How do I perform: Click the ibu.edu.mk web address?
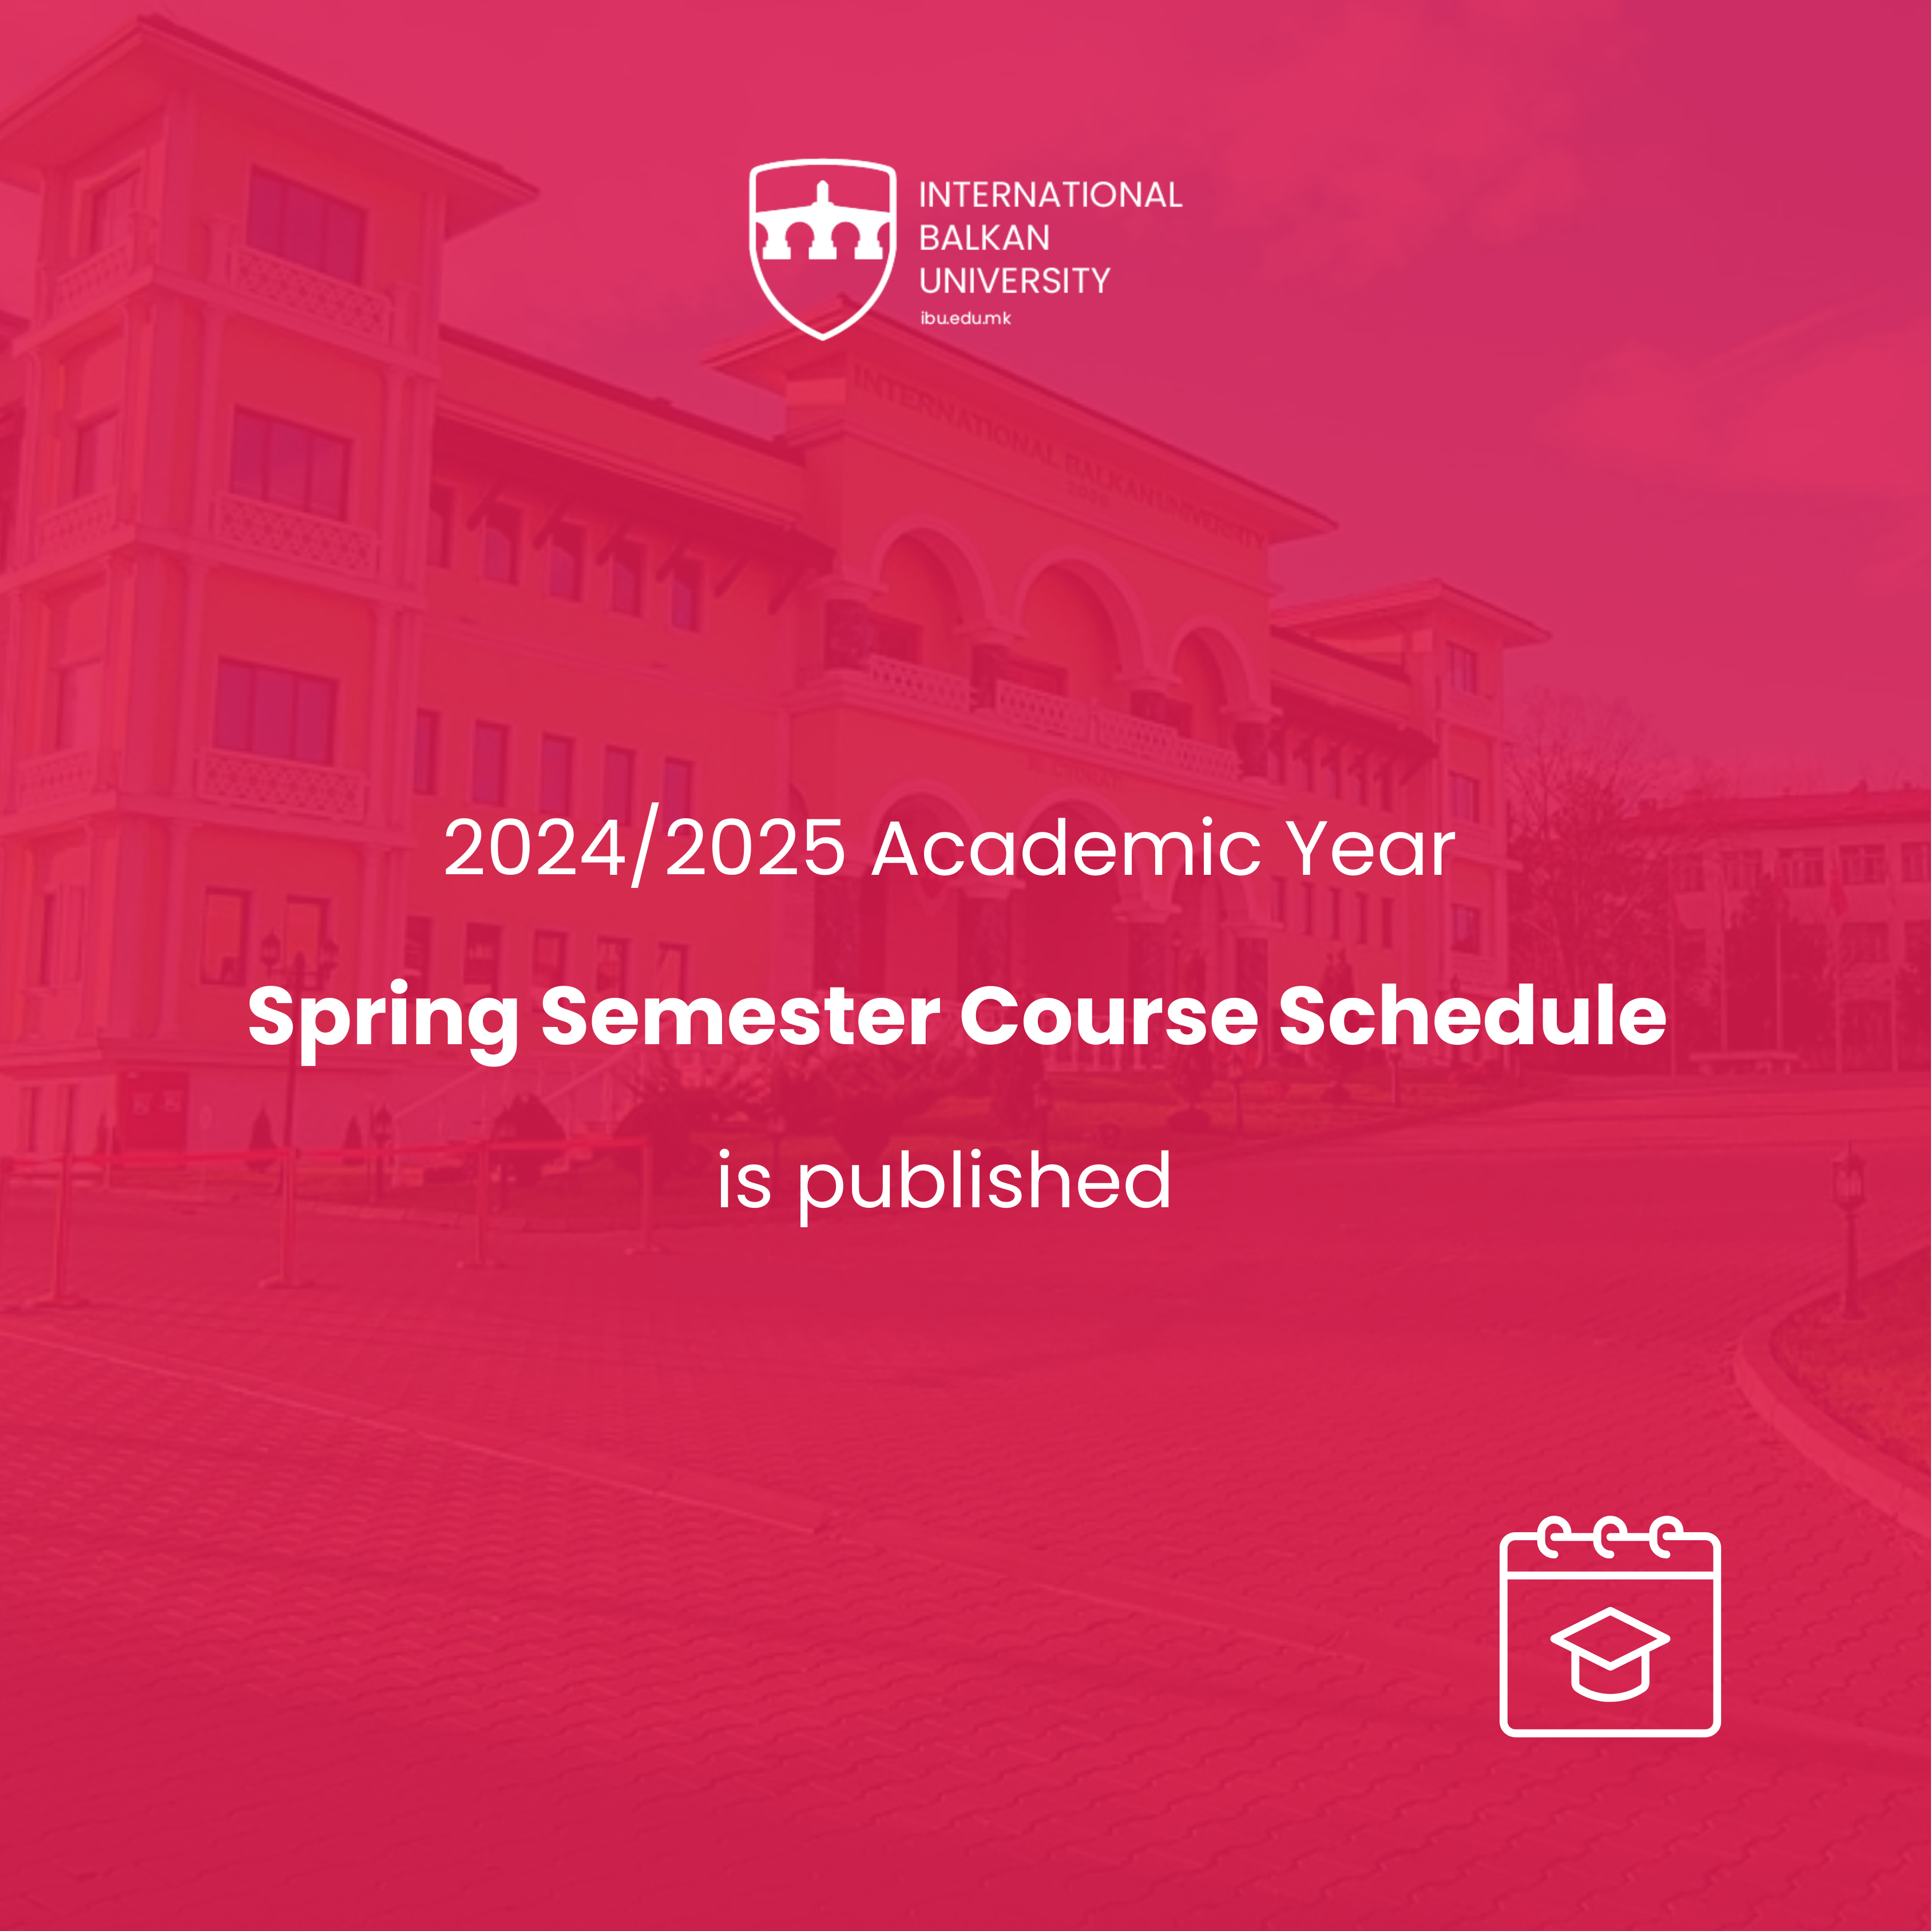966,319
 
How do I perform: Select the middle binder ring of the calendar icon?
1609,1537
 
